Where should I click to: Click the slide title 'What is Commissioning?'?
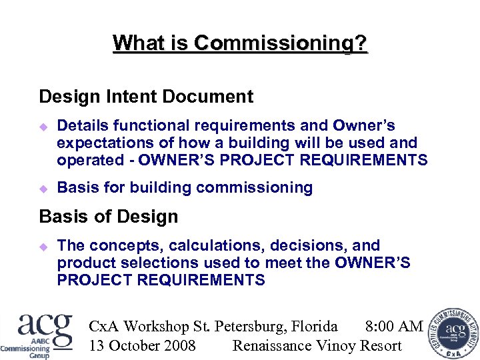[x=240, y=43]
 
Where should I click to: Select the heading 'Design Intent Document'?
[x=146, y=97]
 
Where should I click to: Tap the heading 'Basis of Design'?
[x=109, y=217]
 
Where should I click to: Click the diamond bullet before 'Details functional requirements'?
[x=44, y=126]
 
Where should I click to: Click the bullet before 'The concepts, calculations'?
[x=44, y=246]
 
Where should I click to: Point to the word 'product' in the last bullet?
[x=85, y=263]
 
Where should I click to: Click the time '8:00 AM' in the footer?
[x=394, y=326]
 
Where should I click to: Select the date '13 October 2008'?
[x=142, y=345]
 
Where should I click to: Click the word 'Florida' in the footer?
[x=313, y=326]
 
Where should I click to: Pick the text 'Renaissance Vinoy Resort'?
[x=317, y=345]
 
